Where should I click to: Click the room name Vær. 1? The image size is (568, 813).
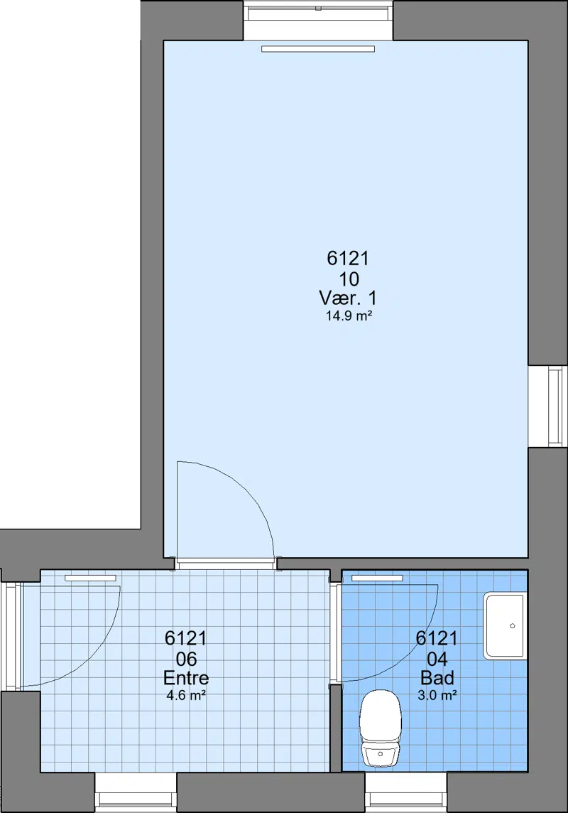(348, 298)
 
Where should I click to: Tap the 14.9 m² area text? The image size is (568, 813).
(349, 316)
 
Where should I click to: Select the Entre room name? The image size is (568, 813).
(186, 678)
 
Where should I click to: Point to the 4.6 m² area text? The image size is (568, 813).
(187, 695)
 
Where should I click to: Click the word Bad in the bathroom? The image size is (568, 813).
(437, 678)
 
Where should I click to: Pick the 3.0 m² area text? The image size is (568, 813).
(437, 695)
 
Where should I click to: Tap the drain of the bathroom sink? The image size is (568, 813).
(513, 626)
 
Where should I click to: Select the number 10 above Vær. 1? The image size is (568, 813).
(349, 279)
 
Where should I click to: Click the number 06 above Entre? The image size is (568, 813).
(187, 659)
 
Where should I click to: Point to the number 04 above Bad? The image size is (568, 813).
(437, 659)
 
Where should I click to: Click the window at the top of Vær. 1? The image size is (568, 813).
(318, 20)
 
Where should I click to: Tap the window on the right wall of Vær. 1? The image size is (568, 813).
(548, 405)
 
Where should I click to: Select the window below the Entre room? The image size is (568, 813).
(136, 792)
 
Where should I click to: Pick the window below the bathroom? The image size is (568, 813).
(406, 792)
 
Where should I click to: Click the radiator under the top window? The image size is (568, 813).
(318, 49)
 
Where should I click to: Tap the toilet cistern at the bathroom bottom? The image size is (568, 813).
(381, 755)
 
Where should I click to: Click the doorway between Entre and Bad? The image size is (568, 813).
(336, 632)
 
